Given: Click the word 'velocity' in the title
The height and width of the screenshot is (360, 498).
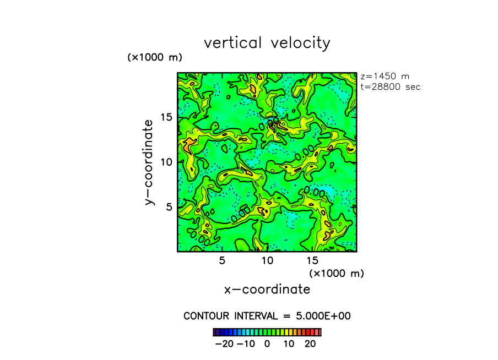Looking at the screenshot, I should [x=301, y=43].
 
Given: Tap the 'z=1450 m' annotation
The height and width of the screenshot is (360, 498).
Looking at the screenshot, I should [x=385, y=77].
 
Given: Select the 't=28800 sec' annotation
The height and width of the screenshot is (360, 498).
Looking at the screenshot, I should [x=391, y=87].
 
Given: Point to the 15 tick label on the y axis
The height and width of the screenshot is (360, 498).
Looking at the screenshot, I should [x=166, y=117].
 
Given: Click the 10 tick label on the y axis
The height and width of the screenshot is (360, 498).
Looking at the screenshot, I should [x=166, y=162].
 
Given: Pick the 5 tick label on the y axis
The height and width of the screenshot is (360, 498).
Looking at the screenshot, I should [x=169, y=206].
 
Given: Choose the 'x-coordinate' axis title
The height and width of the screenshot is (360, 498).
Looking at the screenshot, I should [x=267, y=290].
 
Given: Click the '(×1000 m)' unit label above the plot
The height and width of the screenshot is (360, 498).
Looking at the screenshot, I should [x=155, y=57].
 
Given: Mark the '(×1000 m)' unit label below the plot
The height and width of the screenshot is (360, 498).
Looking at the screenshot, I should [x=337, y=273].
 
